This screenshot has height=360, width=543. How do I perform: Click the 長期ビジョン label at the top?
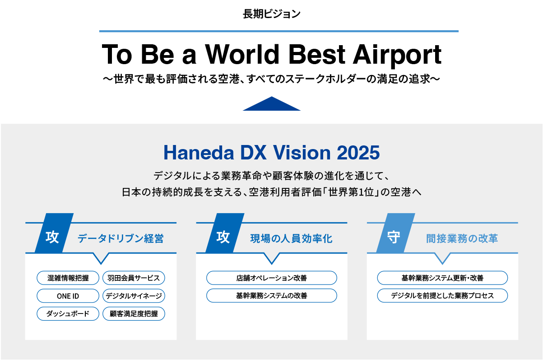(271, 14)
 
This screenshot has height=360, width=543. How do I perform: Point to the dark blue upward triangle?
(271, 104)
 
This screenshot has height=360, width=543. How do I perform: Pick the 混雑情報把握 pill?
(68, 278)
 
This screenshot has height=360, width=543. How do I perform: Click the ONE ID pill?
(68, 296)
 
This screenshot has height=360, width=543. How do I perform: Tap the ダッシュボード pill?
(68, 313)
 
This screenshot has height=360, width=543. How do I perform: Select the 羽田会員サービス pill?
(134, 278)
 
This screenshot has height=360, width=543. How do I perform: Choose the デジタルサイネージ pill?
(134, 296)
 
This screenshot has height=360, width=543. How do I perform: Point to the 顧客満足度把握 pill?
(134, 313)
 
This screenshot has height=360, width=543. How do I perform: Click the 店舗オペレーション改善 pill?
(271, 278)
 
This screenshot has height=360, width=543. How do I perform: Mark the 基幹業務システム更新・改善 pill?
(442, 278)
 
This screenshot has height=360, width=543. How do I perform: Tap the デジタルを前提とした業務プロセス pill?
(442, 296)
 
